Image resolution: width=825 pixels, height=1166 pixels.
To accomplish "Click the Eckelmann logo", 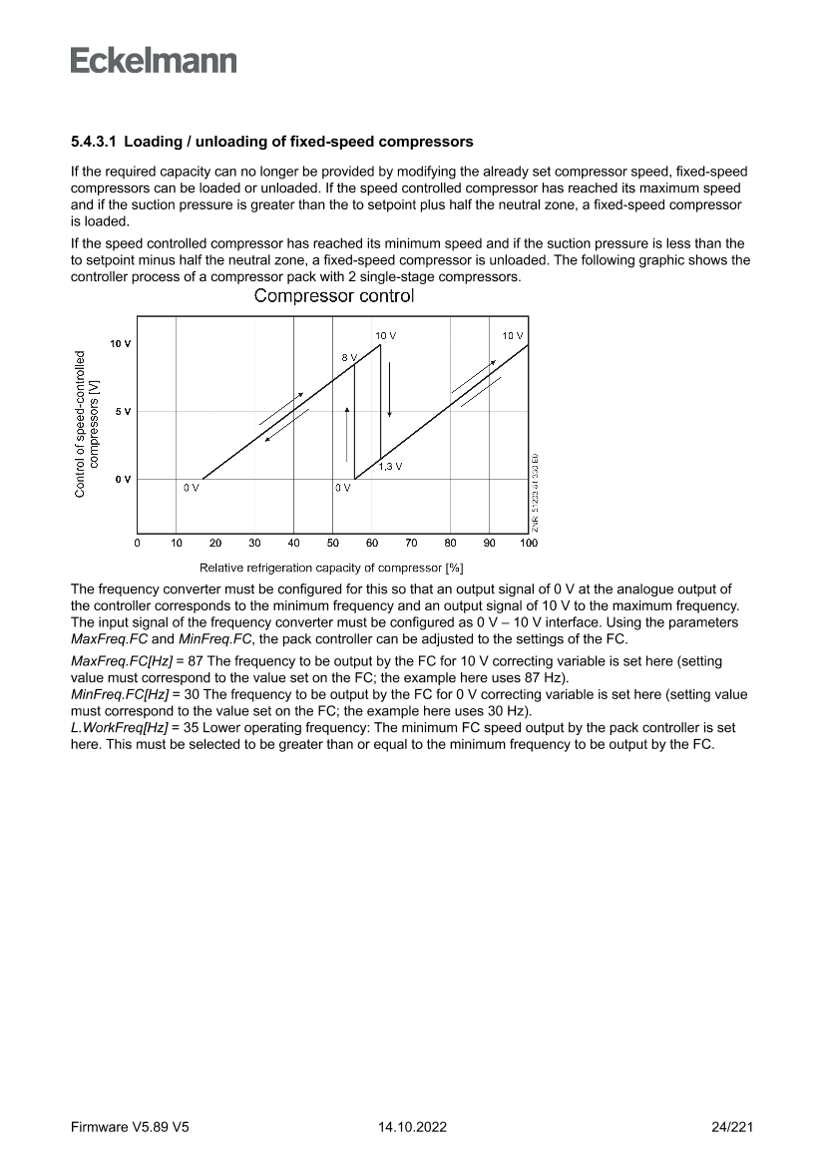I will point(154,60).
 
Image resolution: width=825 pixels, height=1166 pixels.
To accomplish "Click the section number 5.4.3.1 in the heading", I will point(94,142).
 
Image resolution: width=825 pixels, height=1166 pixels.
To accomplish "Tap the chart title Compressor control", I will point(334,296).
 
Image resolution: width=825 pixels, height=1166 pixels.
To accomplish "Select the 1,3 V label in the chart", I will point(390,466).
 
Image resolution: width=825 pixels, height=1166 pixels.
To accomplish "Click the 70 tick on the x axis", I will point(411,544).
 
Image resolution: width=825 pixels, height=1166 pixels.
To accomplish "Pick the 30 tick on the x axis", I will point(254,544).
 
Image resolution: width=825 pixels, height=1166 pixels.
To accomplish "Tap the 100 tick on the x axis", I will point(528,544).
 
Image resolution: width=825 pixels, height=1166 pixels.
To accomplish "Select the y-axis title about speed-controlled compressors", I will point(87,422).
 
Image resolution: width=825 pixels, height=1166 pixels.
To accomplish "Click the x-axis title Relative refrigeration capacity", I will point(331,568).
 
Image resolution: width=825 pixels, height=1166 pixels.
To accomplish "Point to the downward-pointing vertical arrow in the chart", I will point(390,389).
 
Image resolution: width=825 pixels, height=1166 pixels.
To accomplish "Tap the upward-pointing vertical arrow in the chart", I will point(346,435).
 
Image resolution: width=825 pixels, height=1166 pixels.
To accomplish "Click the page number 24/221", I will point(732,1127).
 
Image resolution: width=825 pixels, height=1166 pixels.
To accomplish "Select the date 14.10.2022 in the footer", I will point(412,1127).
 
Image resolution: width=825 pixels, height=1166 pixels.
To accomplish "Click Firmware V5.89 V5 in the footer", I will point(130,1127).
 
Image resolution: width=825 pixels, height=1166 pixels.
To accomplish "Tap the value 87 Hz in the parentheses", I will point(545,677).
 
